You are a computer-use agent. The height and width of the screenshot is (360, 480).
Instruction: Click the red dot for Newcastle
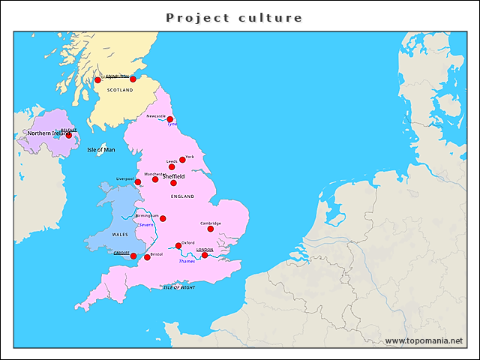pos(170,119)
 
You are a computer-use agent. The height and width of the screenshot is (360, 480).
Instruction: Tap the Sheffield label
pos(173,176)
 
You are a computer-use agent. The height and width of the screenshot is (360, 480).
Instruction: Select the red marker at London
pos(205,255)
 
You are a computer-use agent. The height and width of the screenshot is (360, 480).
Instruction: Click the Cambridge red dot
pos(211,229)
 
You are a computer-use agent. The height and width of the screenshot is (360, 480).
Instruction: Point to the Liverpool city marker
pos(137,182)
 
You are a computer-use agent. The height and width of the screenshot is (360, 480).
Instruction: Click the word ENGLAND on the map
pos(182,196)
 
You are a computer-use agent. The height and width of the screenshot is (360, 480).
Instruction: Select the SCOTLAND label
pos(120,90)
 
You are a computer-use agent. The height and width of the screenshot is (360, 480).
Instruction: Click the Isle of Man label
pos(101,150)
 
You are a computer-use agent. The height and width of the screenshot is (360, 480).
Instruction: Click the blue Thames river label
pos(187,261)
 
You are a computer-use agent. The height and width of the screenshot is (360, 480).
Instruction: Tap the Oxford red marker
pos(178,246)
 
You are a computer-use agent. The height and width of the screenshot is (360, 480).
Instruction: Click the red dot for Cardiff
pos(133,256)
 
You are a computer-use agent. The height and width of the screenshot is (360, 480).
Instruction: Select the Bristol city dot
pos(147,257)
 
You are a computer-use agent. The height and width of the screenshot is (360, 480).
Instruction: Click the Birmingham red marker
pos(163,219)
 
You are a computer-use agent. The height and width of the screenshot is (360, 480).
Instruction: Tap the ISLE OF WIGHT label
pos(178,287)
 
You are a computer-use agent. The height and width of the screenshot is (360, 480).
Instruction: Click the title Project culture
pos(234,17)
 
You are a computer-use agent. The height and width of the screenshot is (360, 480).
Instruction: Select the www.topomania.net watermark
pos(424,341)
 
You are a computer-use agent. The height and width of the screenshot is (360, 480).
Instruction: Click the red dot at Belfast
pos(69,136)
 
